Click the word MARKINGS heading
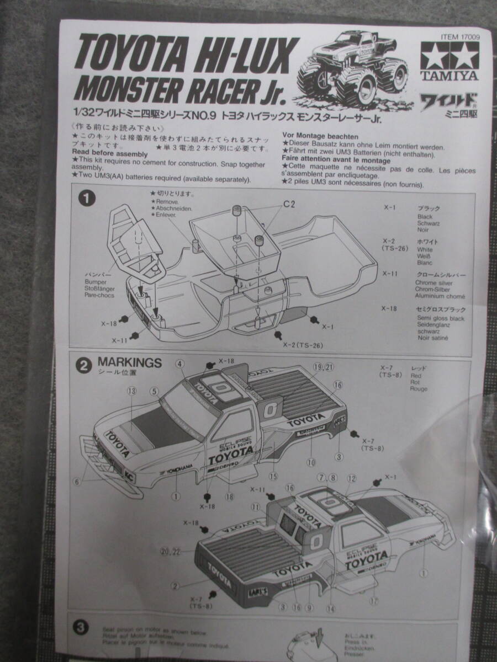pyautogui.click(x=129, y=362)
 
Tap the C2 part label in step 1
pyautogui.click(x=290, y=204)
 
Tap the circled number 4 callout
pyautogui.click(x=180, y=363)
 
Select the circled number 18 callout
pyautogui.click(x=230, y=496)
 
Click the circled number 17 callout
pyautogui.click(x=376, y=601)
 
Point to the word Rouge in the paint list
pyautogui.click(x=418, y=389)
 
